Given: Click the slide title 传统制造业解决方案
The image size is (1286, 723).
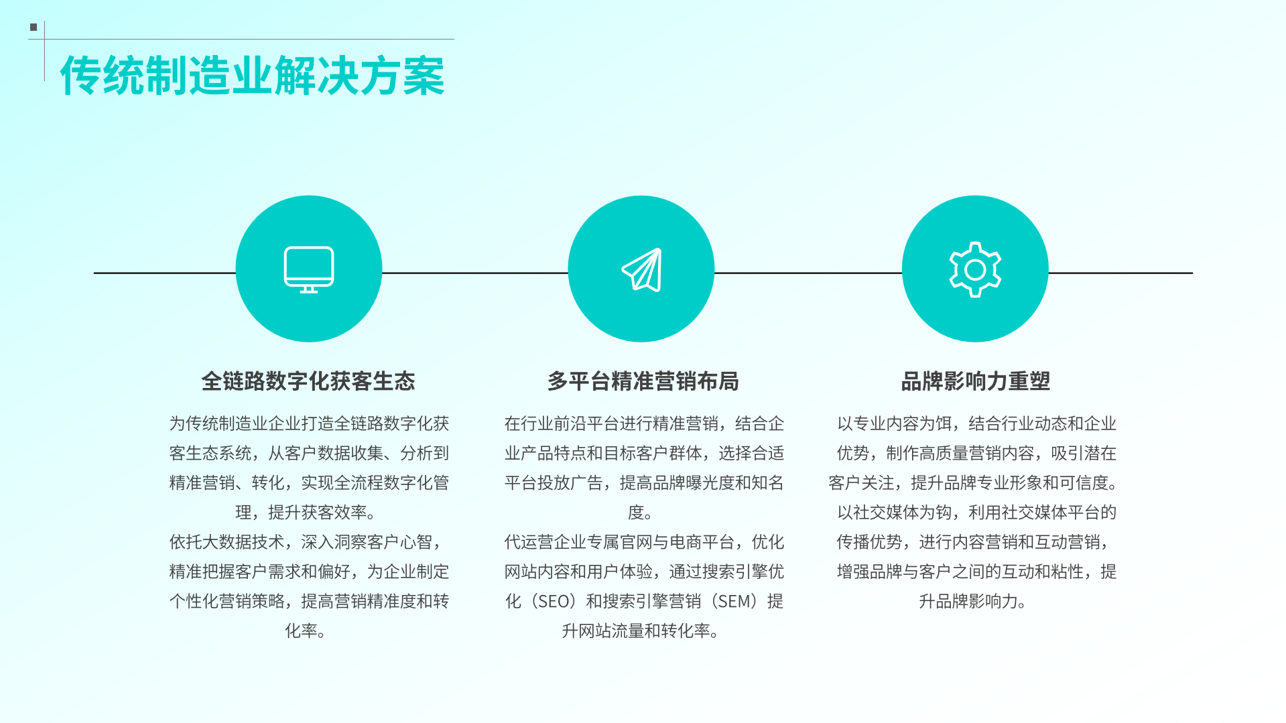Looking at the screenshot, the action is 252,76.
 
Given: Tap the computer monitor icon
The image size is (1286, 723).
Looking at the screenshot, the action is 309,269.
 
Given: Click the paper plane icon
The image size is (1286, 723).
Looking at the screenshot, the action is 642,270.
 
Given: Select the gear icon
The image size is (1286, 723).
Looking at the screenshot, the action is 975,269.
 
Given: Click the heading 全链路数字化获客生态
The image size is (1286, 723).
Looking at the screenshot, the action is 308,381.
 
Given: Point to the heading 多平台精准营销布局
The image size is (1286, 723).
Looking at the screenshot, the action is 643,381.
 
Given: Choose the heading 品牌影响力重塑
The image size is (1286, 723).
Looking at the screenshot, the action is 975,381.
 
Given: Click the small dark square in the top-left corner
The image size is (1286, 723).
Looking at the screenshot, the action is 34,27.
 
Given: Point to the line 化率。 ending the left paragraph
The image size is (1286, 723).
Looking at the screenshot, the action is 306,631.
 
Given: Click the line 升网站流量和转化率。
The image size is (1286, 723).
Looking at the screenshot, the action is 641,631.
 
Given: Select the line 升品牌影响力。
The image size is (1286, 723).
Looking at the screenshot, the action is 973,601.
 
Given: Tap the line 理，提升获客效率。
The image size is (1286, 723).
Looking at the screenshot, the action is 306,513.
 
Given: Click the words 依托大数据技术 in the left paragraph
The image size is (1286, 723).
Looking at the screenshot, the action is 227,542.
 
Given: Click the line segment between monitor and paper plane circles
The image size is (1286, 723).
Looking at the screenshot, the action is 475,273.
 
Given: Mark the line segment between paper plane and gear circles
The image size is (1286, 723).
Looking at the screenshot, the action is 808,273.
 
